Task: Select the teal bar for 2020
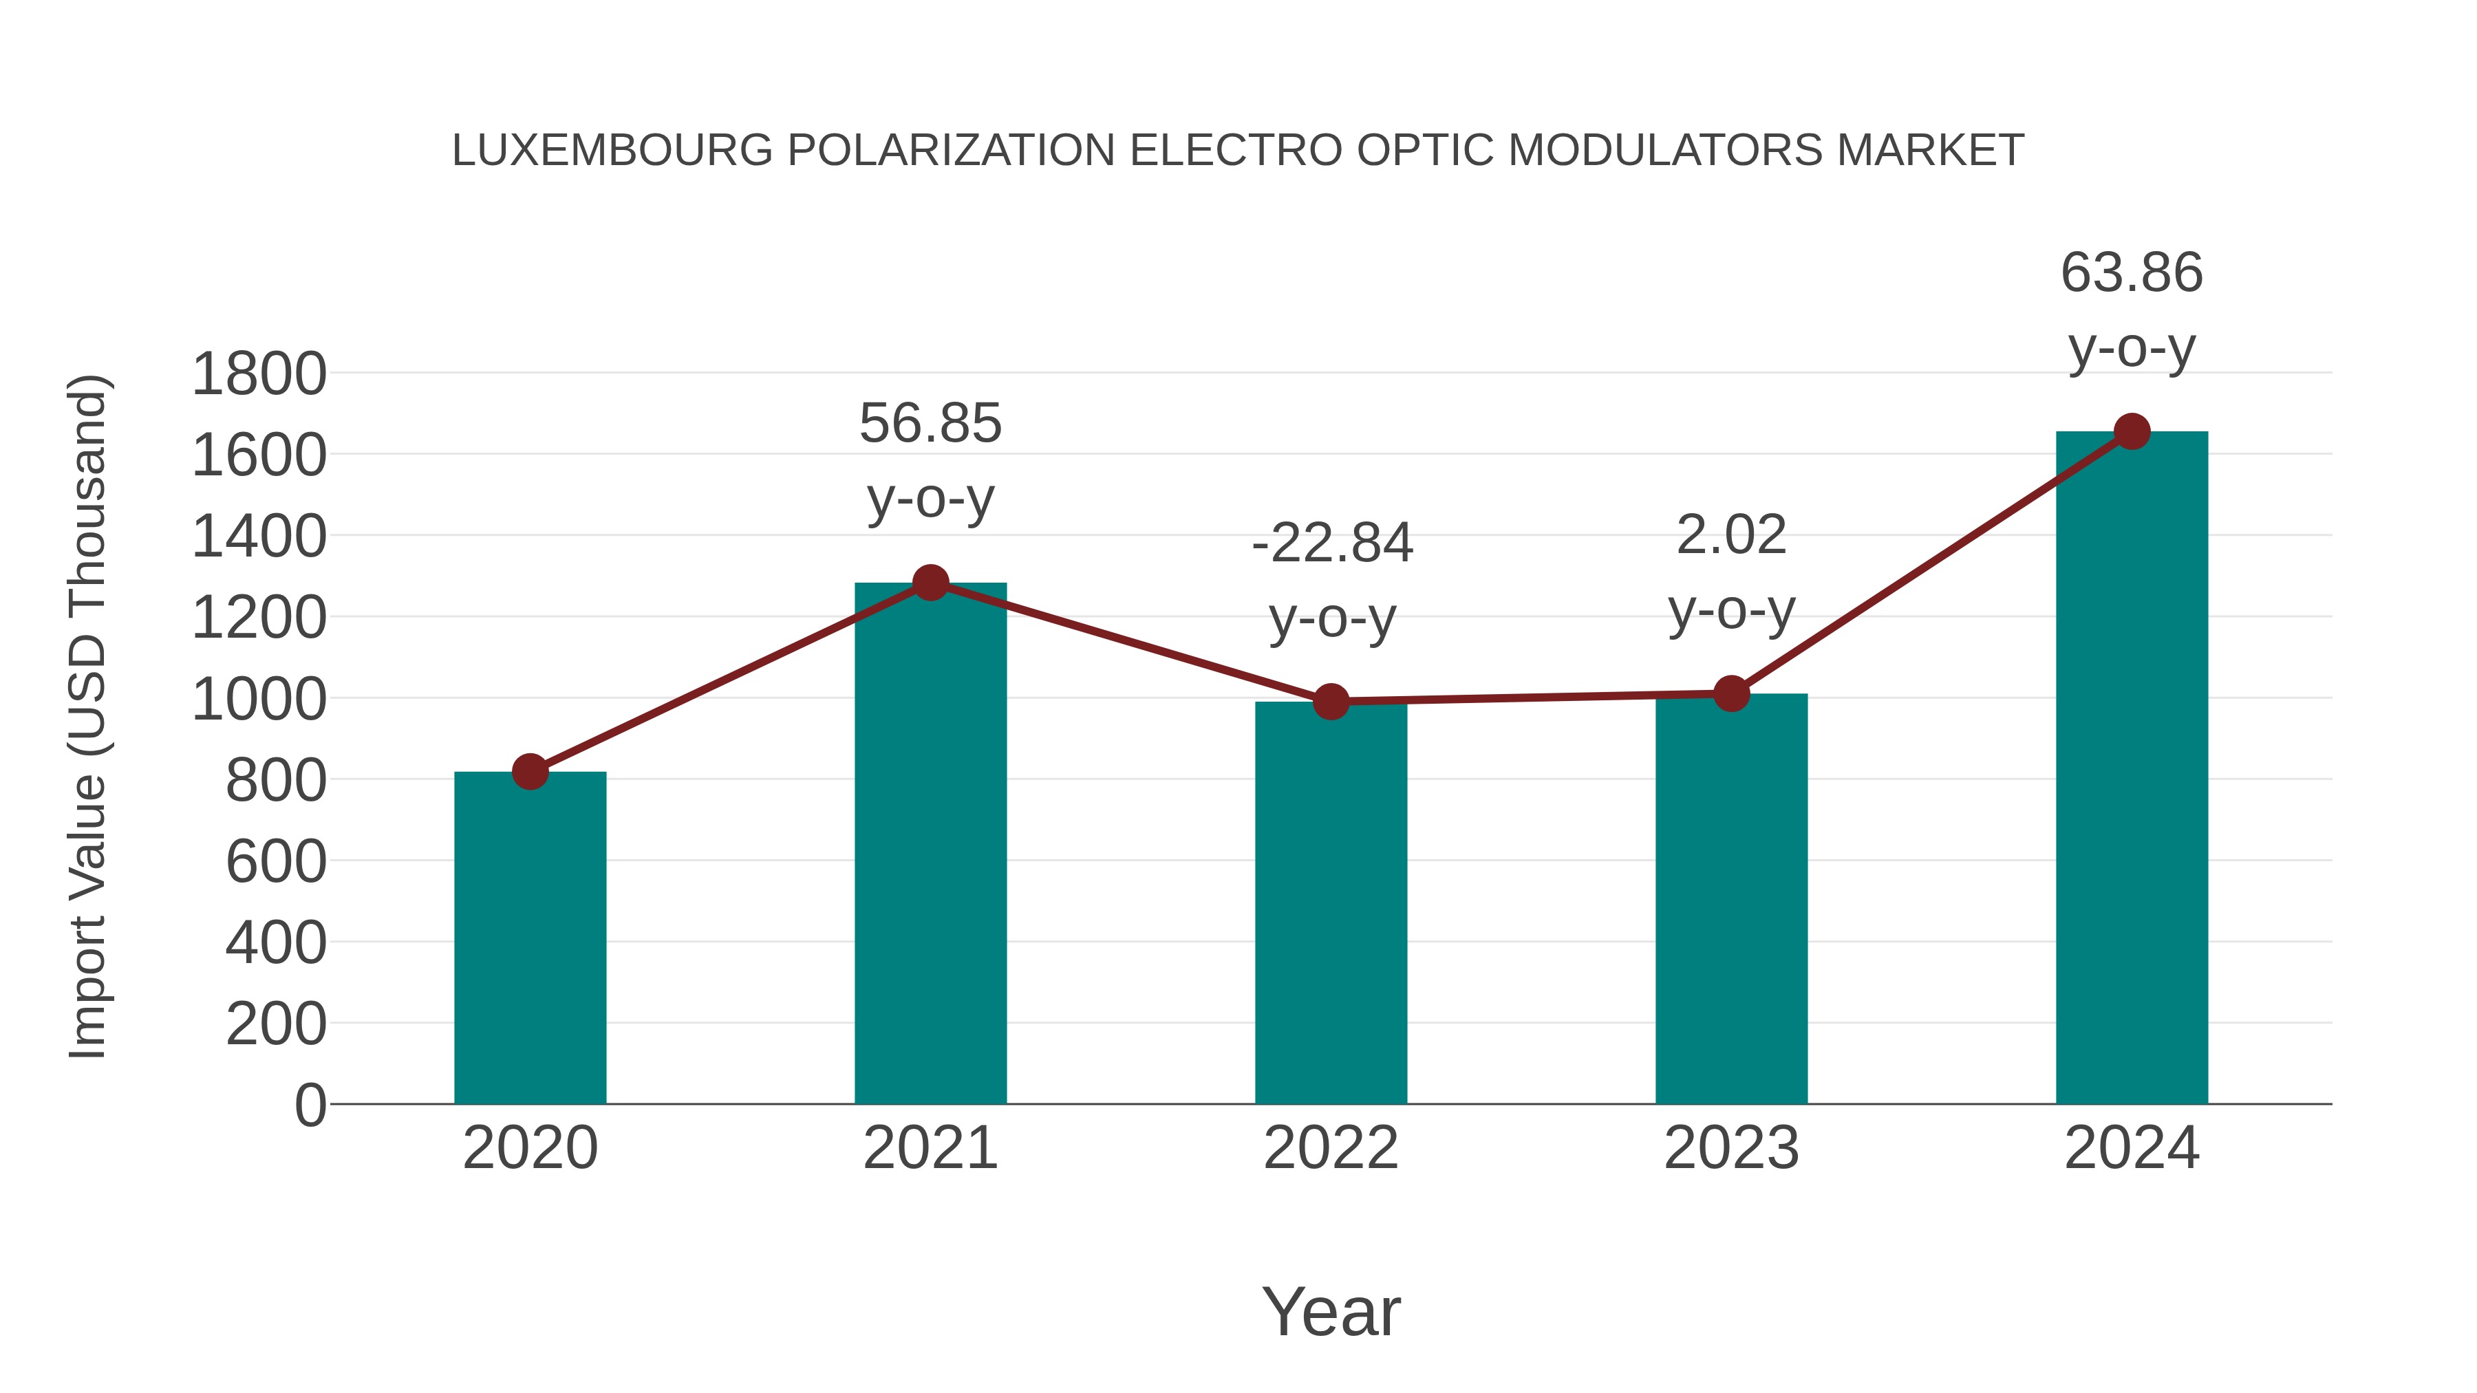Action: [530, 938]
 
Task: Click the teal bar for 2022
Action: [1331, 904]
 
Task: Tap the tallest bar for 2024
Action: [2132, 769]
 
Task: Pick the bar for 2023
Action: [1731, 899]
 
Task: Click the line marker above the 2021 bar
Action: [930, 583]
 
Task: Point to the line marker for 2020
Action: [530, 771]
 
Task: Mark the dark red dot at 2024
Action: [2132, 431]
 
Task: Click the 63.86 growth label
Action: [2132, 273]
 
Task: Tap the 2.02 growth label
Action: [1731, 535]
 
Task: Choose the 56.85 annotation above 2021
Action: [930, 424]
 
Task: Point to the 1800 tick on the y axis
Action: [259, 374]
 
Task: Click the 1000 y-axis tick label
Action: [259, 700]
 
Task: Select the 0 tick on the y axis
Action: [310, 1105]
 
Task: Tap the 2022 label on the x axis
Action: [1331, 1148]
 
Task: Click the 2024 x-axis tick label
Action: [2132, 1148]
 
